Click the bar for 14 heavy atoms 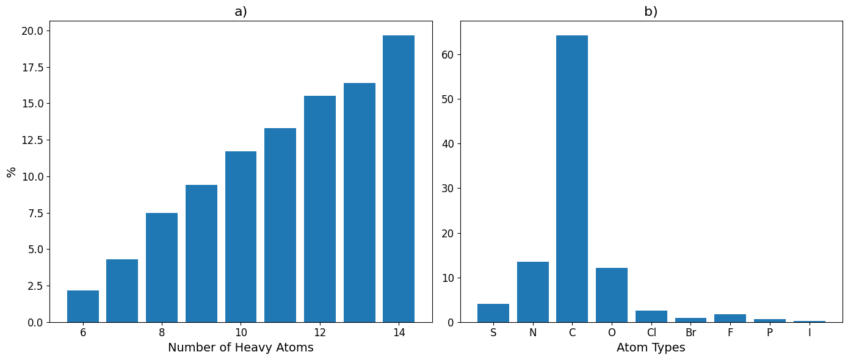pyautogui.click(x=399, y=179)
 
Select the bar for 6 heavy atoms pyautogui.click(x=83, y=306)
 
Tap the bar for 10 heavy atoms pyautogui.click(x=241, y=237)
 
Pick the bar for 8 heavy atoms pyautogui.click(x=162, y=268)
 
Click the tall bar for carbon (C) pyautogui.click(x=572, y=179)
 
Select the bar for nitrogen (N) pyautogui.click(x=532, y=292)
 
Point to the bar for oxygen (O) pyautogui.click(x=612, y=295)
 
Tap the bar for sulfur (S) pyautogui.click(x=493, y=313)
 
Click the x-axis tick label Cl pyautogui.click(x=651, y=333)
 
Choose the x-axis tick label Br pyautogui.click(x=691, y=333)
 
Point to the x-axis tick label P pyautogui.click(x=770, y=333)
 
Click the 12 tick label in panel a pyautogui.click(x=320, y=333)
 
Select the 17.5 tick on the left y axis pyautogui.click(x=32, y=67)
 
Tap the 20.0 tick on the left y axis pyautogui.click(x=32, y=31)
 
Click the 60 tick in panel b pyautogui.click(x=448, y=55)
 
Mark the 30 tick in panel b pyautogui.click(x=448, y=189)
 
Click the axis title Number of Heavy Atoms pyautogui.click(x=241, y=348)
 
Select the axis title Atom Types pyautogui.click(x=651, y=348)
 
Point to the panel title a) pyautogui.click(x=241, y=12)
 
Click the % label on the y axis pyautogui.click(x=11, y=172)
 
